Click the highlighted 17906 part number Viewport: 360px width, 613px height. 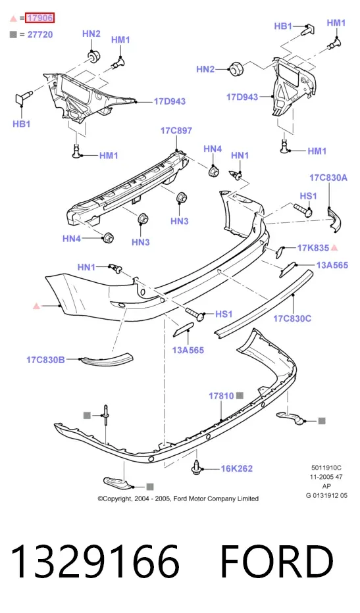39,18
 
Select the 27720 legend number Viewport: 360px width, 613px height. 40,35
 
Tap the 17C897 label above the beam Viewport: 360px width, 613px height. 176,131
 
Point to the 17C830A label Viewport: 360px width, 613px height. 328,178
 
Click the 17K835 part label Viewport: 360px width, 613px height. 313,248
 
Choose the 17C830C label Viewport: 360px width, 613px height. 292,318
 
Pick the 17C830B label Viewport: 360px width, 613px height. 46,360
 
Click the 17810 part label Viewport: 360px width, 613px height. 221,396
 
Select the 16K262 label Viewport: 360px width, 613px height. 237,468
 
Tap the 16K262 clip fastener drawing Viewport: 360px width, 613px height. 197,467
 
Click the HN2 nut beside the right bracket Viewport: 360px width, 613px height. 235,69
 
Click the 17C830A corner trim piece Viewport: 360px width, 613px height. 334,220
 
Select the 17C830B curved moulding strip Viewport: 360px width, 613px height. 107,360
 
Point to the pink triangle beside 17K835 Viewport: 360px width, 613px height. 334,247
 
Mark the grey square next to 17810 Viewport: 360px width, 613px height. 240,396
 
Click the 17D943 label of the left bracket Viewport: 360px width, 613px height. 169,102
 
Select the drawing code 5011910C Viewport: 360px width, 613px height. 326,468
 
